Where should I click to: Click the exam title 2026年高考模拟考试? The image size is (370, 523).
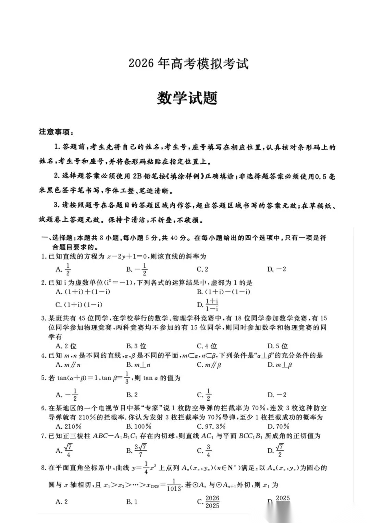188,64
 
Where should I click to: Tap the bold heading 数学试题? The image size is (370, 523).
187,98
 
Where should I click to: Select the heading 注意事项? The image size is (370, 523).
56,132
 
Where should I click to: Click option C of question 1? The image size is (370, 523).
202,269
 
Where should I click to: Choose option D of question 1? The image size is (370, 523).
276,269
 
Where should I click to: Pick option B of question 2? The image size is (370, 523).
224,292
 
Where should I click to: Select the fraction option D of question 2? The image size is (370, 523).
208,304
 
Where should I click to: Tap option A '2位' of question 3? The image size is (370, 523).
66,346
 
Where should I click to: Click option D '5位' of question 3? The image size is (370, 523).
277,346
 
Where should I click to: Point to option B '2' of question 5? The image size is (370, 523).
132,395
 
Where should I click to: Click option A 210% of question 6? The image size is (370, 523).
69,426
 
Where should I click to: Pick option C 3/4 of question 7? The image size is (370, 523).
205,451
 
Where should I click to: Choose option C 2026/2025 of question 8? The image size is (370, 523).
209,502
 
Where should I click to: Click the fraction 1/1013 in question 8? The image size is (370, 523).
173,485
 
